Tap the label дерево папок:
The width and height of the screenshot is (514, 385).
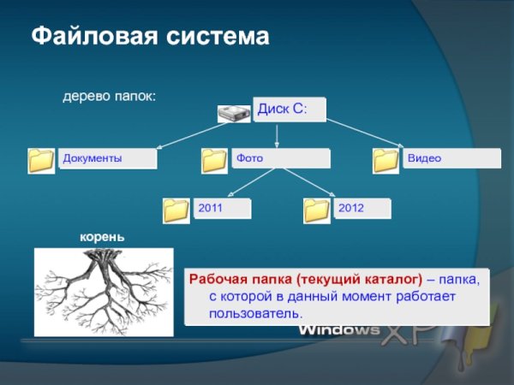pyautogui.click(x=109, y=98)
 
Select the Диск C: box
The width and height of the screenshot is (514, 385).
pyautogui.click(x=289, y=110)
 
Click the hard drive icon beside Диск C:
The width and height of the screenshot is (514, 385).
pyautogui.click(x=233, y=113)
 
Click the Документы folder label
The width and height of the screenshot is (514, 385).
pyautogui.click(x=108, y=158)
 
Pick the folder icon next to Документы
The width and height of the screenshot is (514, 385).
pyautogui.click(x=41, y=159)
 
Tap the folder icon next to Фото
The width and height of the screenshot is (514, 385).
pyautogui.click(x=214, y=159)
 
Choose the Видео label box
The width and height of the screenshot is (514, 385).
pyautogui.click(x=451, y=158)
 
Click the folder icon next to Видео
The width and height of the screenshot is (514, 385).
pyautogui.click(x=386, y=159)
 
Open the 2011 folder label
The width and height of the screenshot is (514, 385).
pyautogui.click(x=223, y=208)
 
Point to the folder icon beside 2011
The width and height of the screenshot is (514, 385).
pyautogui.click(x=176, y=209)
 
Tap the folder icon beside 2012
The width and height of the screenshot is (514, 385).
pyautogui.click(x=317, y=209)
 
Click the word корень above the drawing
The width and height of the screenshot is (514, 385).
pyautogui.click(x=103, y=236)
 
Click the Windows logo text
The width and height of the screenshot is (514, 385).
pyautogui.click(x=339, y=330)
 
